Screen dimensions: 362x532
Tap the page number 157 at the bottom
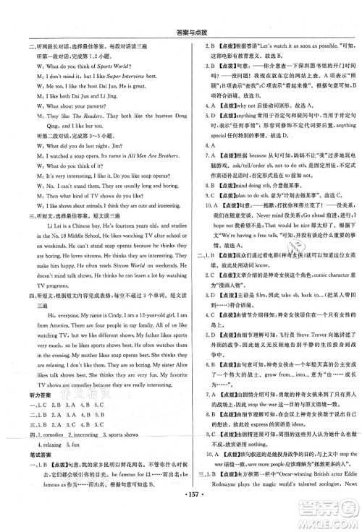pyautogui.click(x=181, y=520)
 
